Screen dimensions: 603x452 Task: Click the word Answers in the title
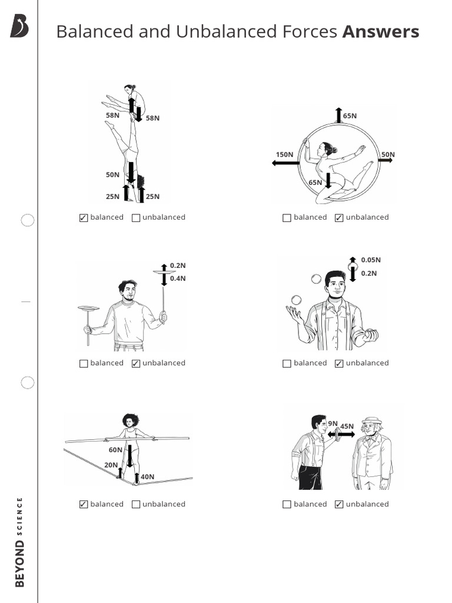point(381,32)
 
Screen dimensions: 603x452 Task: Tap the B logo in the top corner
point(19,26)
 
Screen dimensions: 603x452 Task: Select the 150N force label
point(284,155)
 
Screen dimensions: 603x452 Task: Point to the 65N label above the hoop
point(350,116)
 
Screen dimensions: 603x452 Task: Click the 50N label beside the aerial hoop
point(388,155)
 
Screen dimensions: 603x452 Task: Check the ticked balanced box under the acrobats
point(84,218)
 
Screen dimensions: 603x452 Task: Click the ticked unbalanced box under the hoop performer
point(339,218)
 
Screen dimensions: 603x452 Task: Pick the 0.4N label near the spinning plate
point(178,279)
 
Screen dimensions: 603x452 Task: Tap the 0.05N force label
point(371,260)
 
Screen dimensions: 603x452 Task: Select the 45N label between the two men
point(347,426)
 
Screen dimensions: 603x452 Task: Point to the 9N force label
point(333,423)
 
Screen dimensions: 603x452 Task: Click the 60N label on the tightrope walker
point(115,450)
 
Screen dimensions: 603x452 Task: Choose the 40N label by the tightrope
point(147,476)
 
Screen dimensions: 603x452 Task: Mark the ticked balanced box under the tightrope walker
point(84,505)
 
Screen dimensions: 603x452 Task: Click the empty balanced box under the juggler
point(287,363)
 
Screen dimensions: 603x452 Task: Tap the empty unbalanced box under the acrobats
point(136,218)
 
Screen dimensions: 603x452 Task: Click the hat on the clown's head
point(371,420)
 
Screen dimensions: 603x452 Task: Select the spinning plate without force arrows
point(88,309)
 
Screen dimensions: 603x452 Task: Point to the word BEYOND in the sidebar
point(20,564)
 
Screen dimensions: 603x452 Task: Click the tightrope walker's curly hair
point(130,420)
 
